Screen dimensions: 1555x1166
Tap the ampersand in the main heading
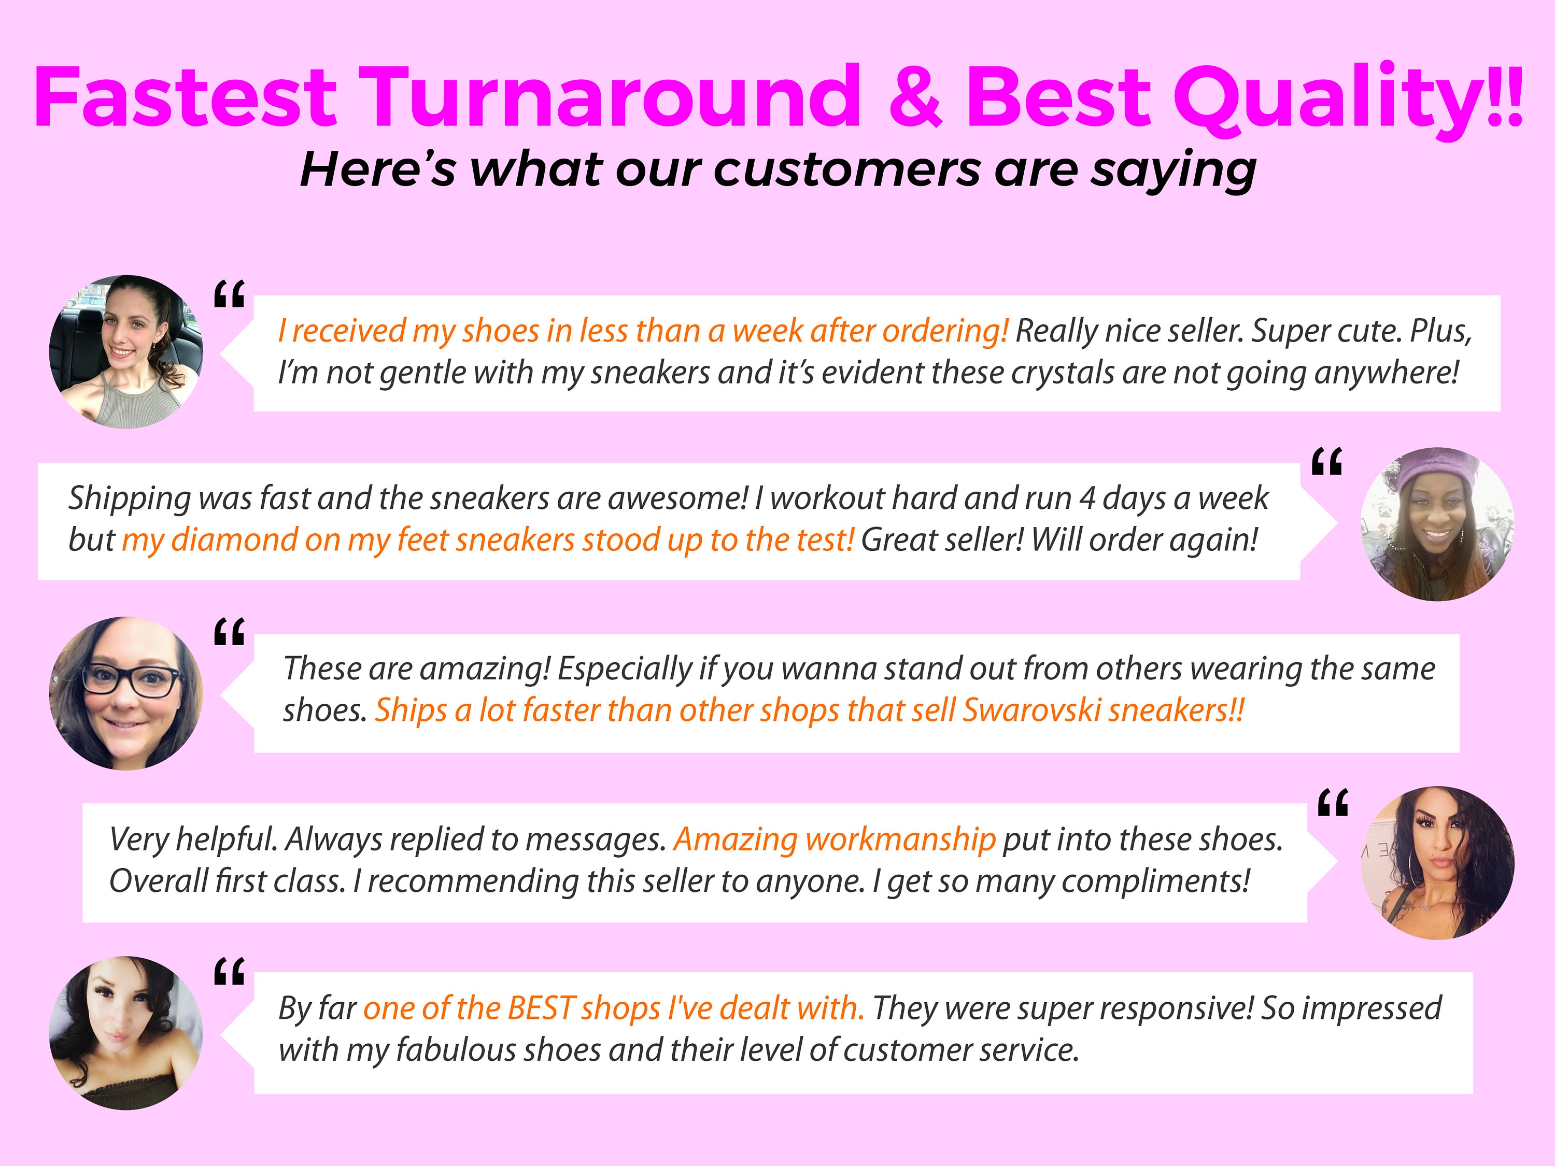pyautogui.click(x=914, y=96)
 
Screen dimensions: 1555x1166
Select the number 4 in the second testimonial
pyautogui.click(x=1087, y=499)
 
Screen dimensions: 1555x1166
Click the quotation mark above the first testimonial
pyautogui.click(x=229, y=294)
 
